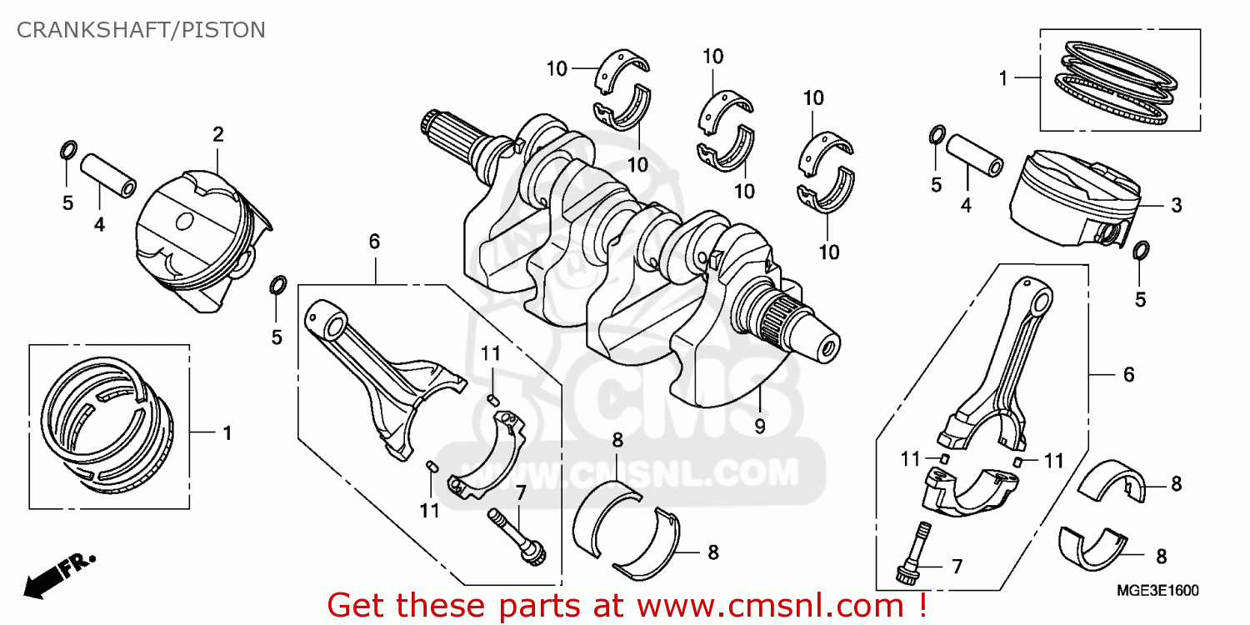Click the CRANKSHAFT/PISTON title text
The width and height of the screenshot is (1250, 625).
tap(141, 30)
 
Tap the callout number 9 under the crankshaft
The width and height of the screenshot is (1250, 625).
tap(760, 426)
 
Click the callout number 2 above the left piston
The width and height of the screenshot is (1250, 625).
tap(217, 134)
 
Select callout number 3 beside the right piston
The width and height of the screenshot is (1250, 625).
tap(1175, 205)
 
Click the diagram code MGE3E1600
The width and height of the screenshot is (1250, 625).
tap(1157, 591)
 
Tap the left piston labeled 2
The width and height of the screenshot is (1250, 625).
tap(200, 242)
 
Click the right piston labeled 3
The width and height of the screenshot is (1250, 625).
tap(1071, 200)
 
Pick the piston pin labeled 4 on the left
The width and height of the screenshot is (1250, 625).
tap(108, 174)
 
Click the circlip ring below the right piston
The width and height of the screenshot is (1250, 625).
tap(1141, 251)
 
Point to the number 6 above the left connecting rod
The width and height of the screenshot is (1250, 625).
tap(374, 242)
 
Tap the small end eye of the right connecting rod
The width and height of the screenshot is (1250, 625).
tap(1033, 297)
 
